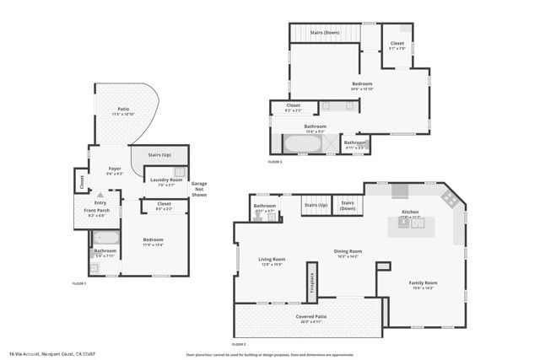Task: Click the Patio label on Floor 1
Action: (x=123, y=110)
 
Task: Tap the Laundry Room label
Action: (x=166, y=180)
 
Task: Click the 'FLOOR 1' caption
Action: (x=80, y=283)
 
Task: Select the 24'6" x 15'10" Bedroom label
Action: (x=362, y=84)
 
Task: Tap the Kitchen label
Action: (x=410, y=213)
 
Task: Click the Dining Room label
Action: (x=347, y=252)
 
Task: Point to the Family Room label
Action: (x=423, y=284)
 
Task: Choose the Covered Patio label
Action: (x=310, y=318)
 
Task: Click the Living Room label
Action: (x=271, y=261)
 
